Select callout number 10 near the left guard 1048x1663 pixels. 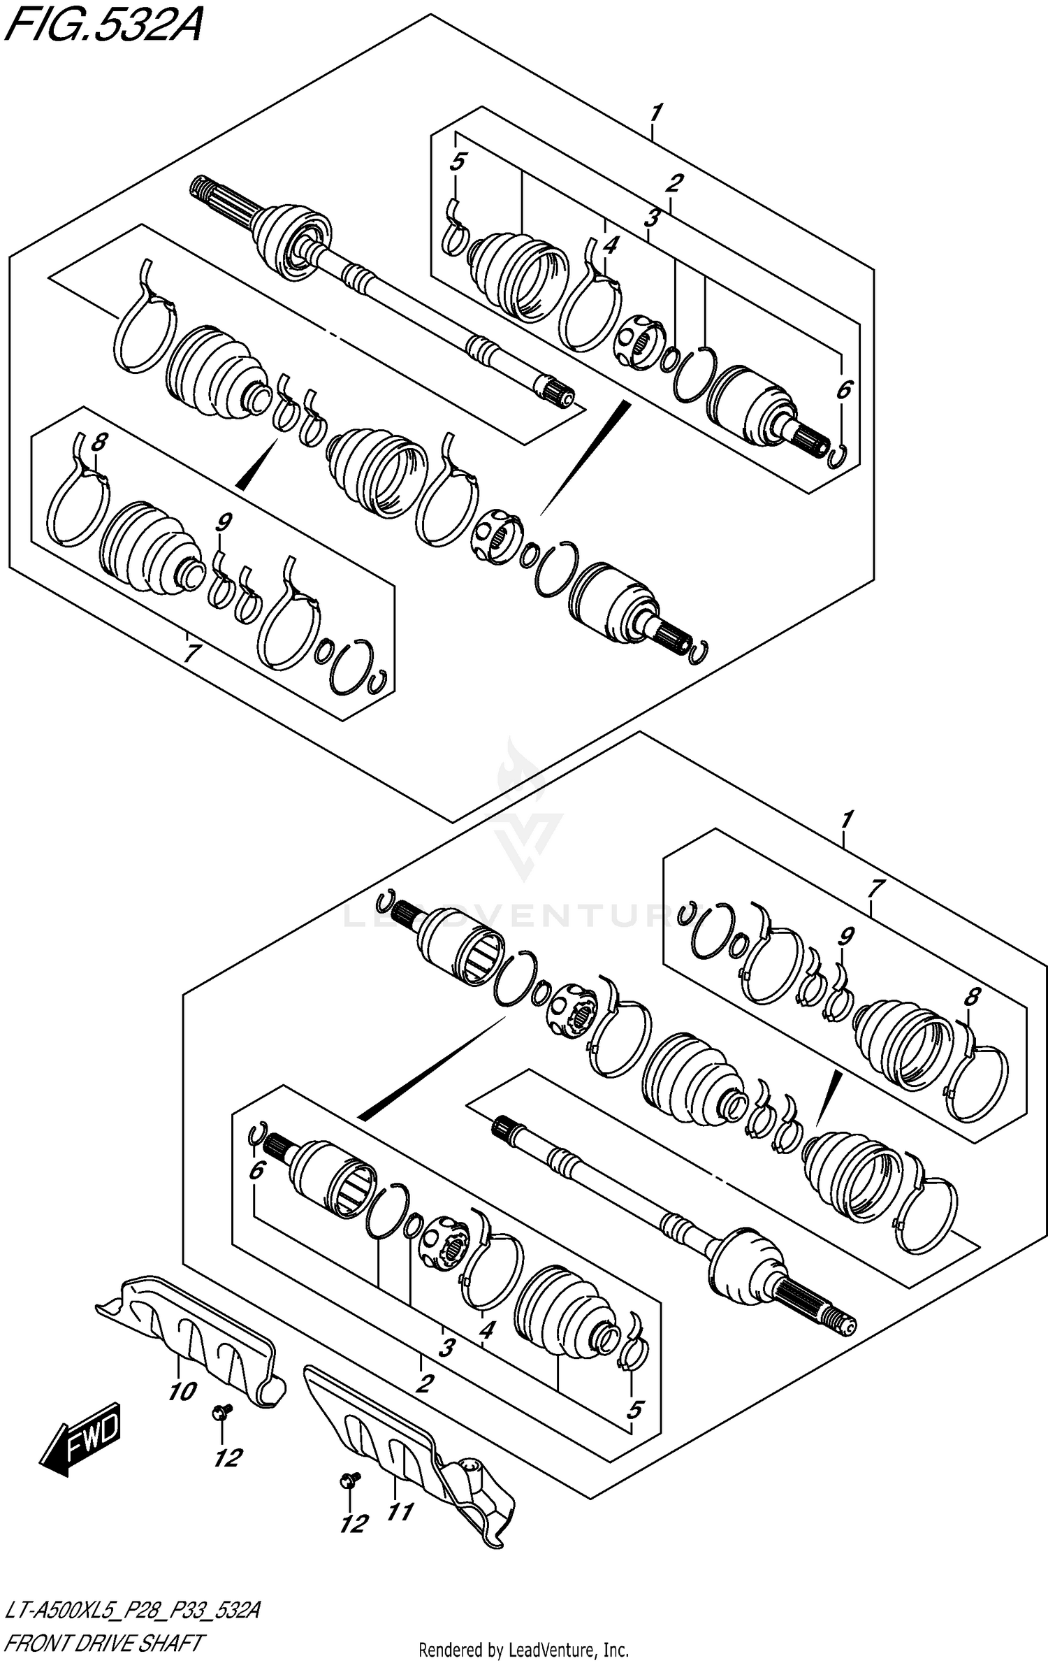(x=182, y=1391)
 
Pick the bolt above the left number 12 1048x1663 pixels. (x=218, y=1414)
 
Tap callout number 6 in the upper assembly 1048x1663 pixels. (x=844, y=389)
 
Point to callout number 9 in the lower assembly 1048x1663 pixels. (x=847, y=935)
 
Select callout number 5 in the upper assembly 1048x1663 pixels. (x=457, y=162)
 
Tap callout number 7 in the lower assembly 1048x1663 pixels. (x=874, y=888)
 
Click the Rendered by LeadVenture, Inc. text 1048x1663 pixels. (x=523, y=1650)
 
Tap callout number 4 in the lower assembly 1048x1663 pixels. (x=486, y=1330)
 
